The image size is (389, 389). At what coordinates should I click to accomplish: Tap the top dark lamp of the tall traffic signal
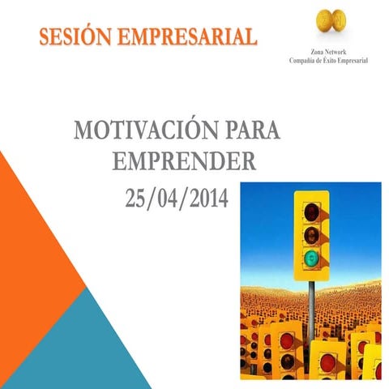[311, 212]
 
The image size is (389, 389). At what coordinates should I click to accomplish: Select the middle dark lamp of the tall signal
[311, 236]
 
